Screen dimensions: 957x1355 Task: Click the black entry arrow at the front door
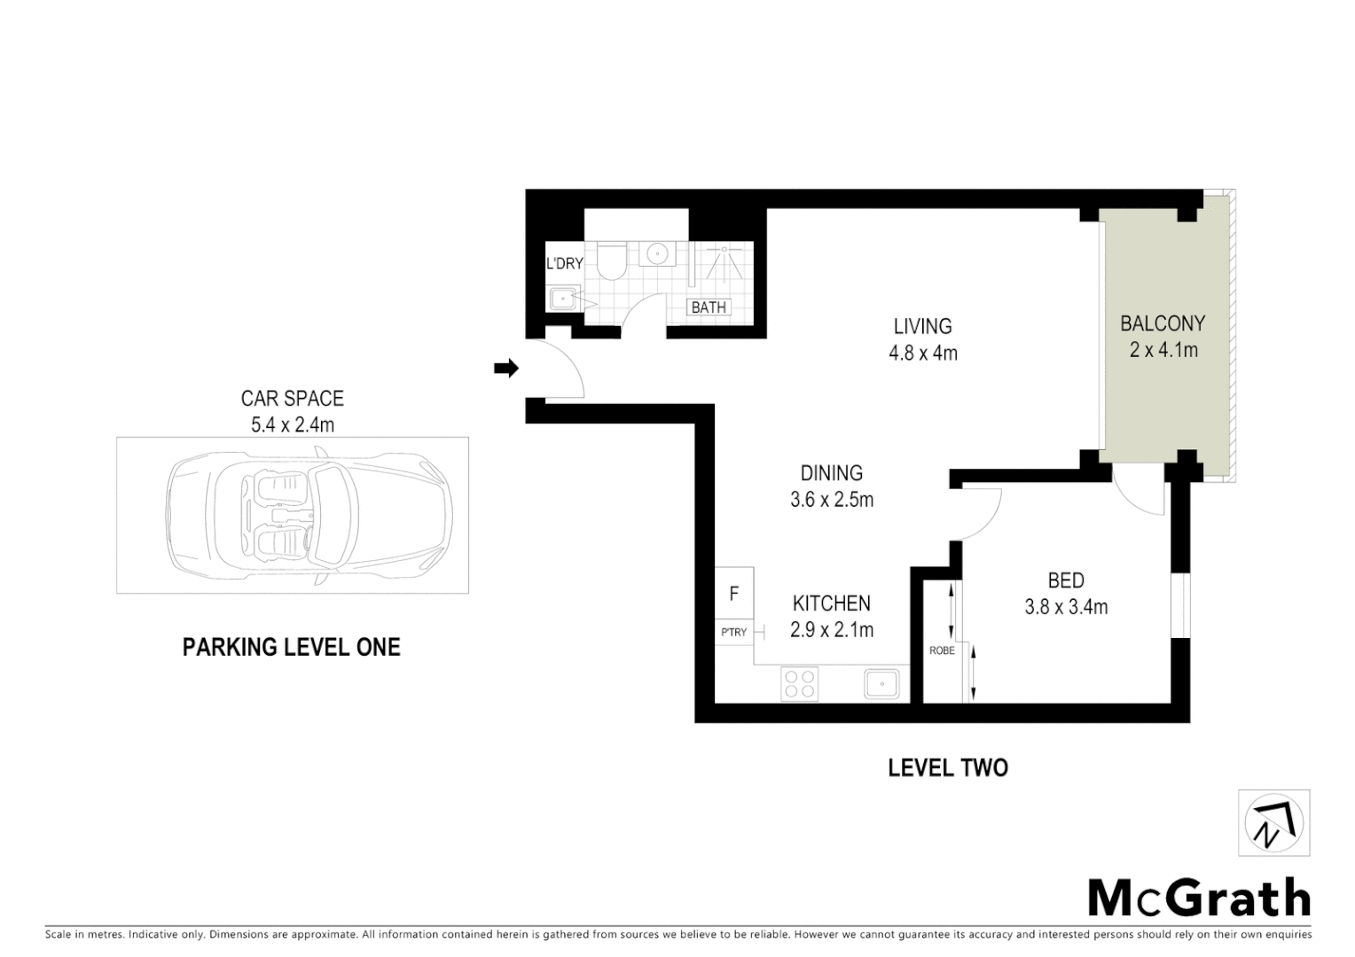pyautogui.click(x=506, y=369)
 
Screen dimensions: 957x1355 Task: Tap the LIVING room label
pyautogui.click(x=922, y=326)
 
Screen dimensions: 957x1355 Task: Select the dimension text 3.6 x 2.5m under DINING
pyautogui.click(x=831, y=500)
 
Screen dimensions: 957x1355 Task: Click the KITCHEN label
pyautogui.click(x=831, y=603)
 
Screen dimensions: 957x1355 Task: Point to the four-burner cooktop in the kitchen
pyautogui.click(x=799, y=683)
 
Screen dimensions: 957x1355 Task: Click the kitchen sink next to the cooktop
pyautogui.click(x=881, y=683)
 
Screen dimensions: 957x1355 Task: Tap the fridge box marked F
pyautogui.click(x=734, y=594)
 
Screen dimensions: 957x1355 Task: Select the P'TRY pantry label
pyautogui.click(x=733, y=633)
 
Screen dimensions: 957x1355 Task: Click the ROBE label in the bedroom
pyautogui.click(x=941, y=650)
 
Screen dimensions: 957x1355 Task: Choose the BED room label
pyautogui.click(x=1065, y=580)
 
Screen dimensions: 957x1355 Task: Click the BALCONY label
pyautogui.click(x=1163, y=323)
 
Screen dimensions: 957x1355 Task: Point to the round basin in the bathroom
pyautogui.click(x=657, y=253)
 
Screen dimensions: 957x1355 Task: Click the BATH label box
pyautogui.click(x=709, y=307)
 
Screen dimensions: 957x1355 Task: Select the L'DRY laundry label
pyautogui.click(x=564, y=263)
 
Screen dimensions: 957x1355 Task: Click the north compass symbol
pyautogui.click(x=1273, y=823)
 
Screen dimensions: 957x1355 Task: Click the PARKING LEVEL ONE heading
pyautogui.click(x=291, y=647)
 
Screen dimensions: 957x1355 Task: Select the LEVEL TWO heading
pyautogui.click(x=947, y=767)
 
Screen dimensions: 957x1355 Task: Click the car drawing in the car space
pyautogui.click(x=309, y=514)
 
